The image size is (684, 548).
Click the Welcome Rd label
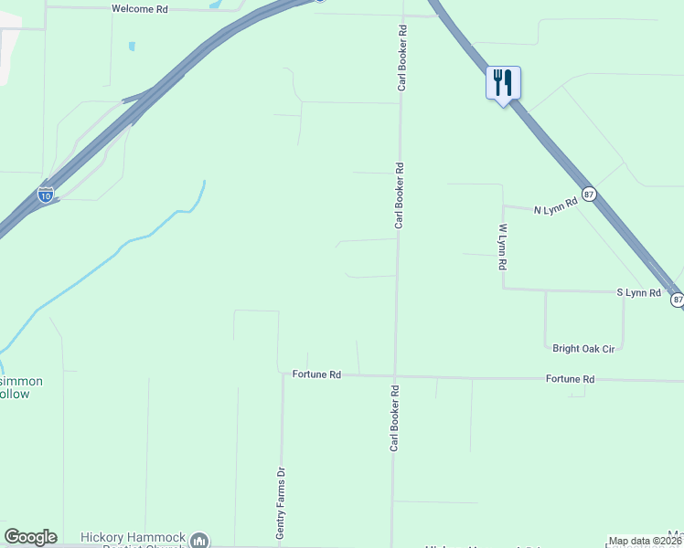click(x=140, y=8)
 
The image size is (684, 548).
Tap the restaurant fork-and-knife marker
click(x=503, y=83)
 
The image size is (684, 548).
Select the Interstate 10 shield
click(x=46, y=194)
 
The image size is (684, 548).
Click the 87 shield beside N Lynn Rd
click(x=590, y=194)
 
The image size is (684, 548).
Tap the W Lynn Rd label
click(x=502, y=247)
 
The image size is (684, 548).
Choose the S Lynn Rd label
click(x=638, y=292)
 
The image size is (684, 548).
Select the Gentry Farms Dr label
click(x=282, y=502)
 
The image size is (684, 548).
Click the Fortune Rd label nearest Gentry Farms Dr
click(x=316, y=374)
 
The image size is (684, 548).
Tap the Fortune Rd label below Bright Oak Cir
click(x=570, y=378)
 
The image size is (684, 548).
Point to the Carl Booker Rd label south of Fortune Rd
click(x=394, y=416)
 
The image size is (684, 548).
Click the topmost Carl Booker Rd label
click(x=401, y=58)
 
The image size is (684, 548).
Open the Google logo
click(x=30, y=537)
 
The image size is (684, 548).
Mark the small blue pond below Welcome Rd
click(x=133, y=46)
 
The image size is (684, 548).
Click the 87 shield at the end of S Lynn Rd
click(x=678, y=300)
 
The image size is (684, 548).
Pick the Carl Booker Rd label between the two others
click(x=400, y=195)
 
